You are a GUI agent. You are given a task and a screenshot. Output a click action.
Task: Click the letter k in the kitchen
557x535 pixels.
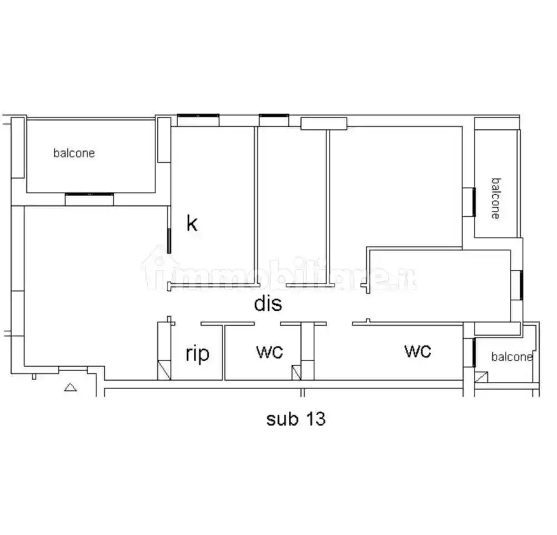(192, 224)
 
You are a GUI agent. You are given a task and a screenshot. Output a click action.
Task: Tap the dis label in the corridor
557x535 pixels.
(268, 304)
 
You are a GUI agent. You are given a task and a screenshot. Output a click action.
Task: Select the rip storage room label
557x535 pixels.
(198, 354)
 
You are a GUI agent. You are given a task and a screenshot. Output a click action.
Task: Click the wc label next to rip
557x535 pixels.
(269, 352)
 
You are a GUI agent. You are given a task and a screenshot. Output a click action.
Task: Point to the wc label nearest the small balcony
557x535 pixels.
(418, 351)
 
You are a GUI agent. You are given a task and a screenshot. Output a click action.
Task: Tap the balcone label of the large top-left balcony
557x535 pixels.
(74, 153)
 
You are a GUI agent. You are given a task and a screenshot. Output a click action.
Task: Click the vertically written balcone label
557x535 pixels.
(495, 199)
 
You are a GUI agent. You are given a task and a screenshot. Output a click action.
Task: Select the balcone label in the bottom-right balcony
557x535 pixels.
(512, 357)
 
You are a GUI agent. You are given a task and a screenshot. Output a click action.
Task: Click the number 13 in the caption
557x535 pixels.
(315, 419)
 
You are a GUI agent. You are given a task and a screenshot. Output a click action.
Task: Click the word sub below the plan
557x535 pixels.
(283, 419)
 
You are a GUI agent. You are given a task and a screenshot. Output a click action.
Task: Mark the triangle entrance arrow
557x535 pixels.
(71, 387)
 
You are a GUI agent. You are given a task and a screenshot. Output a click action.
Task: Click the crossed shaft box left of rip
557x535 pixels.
(164, 370)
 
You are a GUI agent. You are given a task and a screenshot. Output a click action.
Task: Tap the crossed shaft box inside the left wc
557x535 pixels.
(296, 373)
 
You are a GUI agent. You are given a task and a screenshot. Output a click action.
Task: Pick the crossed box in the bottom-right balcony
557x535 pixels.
(481, 377)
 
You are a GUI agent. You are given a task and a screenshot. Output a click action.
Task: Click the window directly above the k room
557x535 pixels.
(198, 120)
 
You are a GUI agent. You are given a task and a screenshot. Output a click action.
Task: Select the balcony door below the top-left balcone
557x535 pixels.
(89, 199)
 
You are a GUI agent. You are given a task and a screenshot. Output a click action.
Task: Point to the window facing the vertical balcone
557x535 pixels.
(469, 202)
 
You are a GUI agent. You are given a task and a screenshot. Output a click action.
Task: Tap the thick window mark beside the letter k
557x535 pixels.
(169, 241)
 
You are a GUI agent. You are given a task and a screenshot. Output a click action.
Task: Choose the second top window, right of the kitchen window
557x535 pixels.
(274, 120)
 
